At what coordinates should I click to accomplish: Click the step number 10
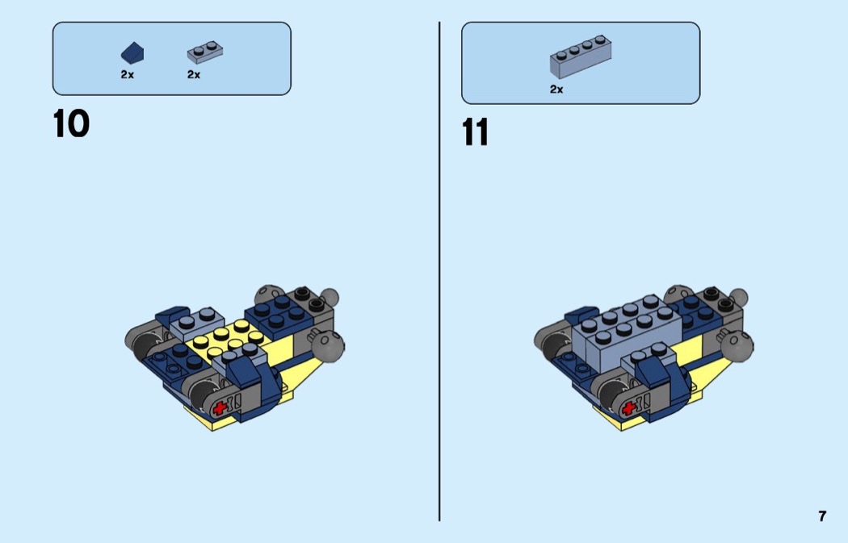tap(71, 123)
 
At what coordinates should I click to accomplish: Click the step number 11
tap(476, 133)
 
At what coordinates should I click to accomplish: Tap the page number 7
tap(822, 516)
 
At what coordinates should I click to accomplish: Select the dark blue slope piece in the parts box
tap(132, 53)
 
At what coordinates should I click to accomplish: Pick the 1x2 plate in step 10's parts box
tap(205, 52)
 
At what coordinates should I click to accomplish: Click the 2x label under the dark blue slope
tap(127, 74)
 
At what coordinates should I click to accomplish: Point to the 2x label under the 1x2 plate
tap(194, 74)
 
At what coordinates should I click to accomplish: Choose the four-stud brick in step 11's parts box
tap(581, 56)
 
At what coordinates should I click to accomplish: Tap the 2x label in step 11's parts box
tap(556, 89)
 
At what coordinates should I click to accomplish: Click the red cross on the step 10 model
tap(220, 408)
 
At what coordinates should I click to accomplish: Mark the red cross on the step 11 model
tap(628, 409)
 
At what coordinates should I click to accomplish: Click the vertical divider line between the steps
tap(439, 271)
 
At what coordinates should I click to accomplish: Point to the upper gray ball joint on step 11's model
tap(737, 298)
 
